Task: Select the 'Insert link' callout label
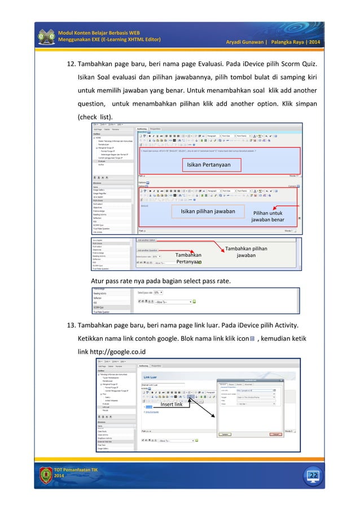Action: pyautogui.click(x=171, y=404)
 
